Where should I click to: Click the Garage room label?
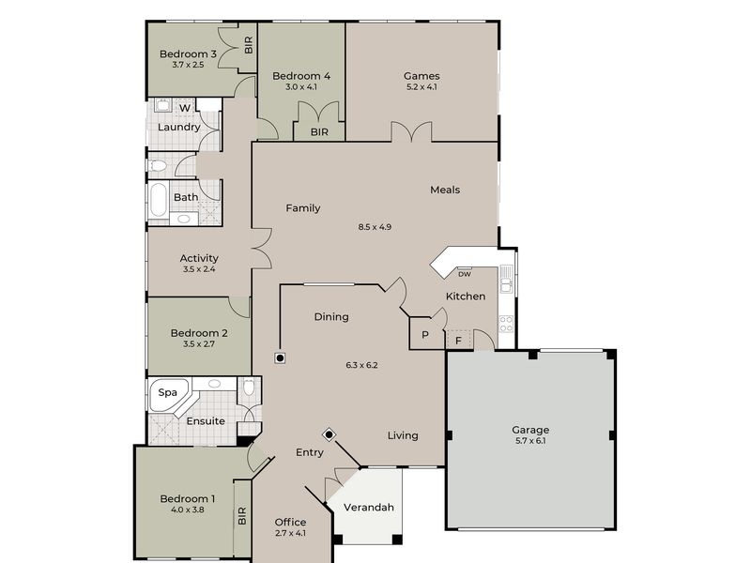(530, 430)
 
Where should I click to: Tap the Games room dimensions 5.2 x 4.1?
(421, 87)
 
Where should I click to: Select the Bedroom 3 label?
(188, 54)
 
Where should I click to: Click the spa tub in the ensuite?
(167, 393)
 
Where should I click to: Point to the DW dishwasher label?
(464, 274)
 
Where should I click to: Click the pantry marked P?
(424, 335)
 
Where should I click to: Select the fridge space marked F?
(458, 340)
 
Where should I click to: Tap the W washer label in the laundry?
(185, 108)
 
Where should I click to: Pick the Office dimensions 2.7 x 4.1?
(290, 533)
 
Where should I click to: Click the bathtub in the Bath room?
(158, 199)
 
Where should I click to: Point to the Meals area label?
(445, 190)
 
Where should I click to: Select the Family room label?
(303, 208)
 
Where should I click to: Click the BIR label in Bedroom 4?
(319, 132)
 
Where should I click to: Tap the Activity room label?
(199, 258)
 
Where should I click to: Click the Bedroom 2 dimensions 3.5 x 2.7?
(198, 344)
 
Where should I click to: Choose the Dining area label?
(331, 317)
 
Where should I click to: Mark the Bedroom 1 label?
(187, 498)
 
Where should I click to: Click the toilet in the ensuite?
(249, 388)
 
